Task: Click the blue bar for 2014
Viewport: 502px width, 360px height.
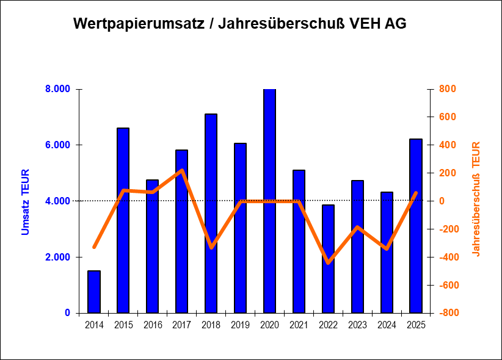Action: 94,292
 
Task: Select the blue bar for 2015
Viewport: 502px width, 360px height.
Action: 123,220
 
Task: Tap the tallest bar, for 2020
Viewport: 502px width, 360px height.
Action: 269,201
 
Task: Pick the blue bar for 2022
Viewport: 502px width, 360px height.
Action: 328,259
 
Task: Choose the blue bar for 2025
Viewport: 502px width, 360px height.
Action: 416,226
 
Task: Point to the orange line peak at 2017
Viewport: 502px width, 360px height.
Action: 182,170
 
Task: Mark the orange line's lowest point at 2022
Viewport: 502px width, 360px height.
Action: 328,262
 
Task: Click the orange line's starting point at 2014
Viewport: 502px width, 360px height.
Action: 94,247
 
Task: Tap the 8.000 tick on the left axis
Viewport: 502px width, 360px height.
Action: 58,89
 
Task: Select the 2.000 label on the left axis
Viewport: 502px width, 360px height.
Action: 58,257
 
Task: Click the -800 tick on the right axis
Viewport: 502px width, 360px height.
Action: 448,313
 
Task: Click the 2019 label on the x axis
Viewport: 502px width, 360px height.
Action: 240,325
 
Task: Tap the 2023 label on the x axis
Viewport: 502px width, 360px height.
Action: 357,325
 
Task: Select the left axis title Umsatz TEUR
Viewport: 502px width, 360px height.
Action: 26,201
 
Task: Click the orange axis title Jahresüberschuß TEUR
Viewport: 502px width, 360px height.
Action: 477,199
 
